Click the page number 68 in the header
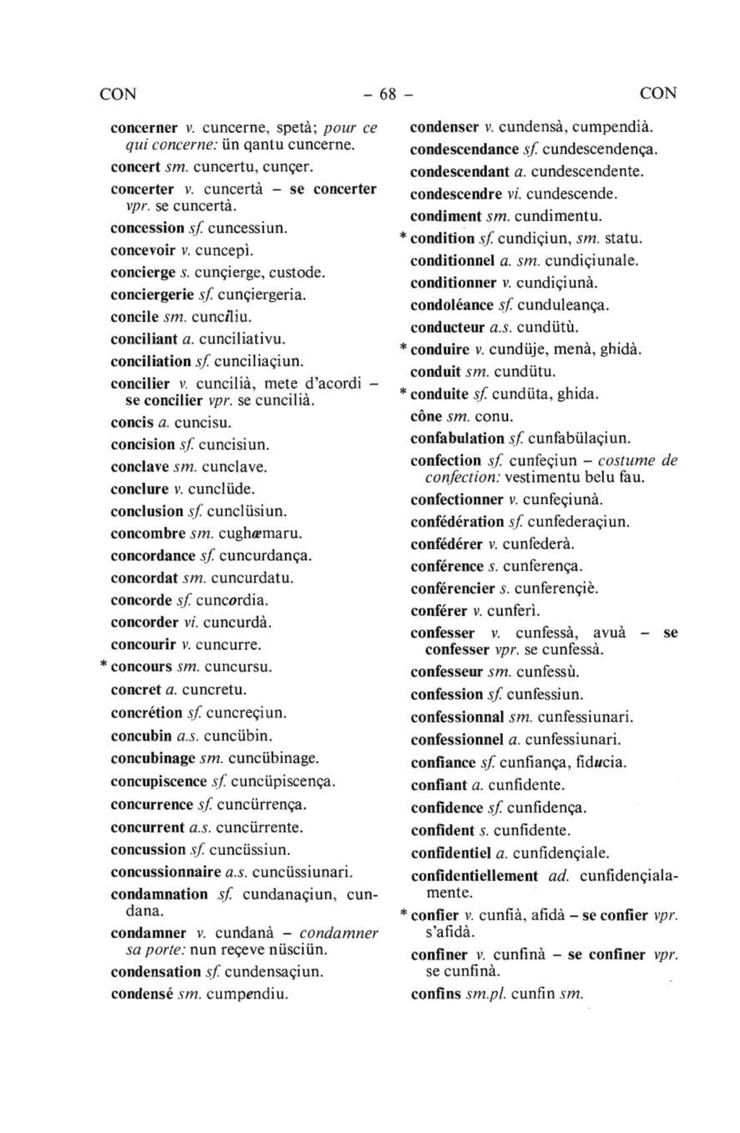388,94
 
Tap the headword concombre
148,534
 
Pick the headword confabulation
457,438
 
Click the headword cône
426,417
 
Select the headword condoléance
452,305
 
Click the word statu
624,238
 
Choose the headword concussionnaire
166,872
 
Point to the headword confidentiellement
474,876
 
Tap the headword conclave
139,466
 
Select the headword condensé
142,994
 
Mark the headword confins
435,994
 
